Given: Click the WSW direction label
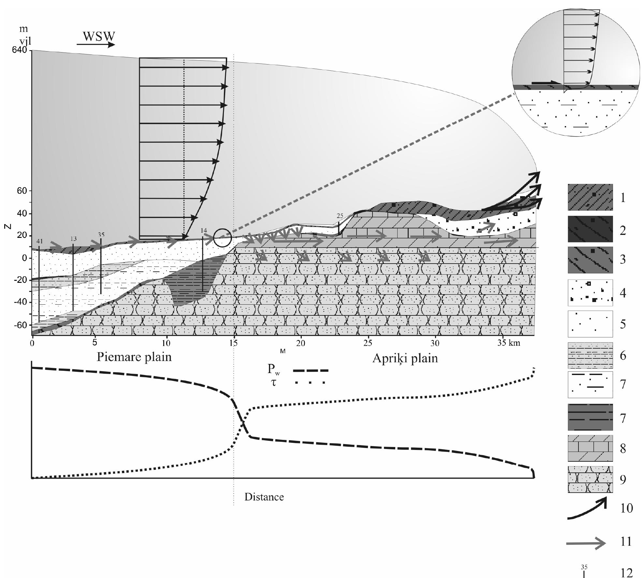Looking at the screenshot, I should [x=99, y=36].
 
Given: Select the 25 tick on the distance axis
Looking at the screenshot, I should [x=368, y=343].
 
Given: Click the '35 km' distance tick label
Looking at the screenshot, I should [x=509, y=343].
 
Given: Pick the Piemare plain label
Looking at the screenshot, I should [x=134, y=357].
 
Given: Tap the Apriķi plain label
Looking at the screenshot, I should [x=405, y=358].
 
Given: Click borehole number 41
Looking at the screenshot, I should [x=39, y=241].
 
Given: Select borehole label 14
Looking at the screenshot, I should [x=204, y=231].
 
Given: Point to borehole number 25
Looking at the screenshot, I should [x=340, y=216].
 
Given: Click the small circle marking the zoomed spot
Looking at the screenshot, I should [x=223, y=238].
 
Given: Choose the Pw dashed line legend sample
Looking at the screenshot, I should [x=310, y=370].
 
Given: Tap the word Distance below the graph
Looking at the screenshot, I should [x=264, y=497].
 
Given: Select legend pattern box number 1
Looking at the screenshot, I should [x=590, y=197].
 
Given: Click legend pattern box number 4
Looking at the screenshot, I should [x=590, y=293].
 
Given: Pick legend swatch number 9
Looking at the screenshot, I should [x=590, y=479].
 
